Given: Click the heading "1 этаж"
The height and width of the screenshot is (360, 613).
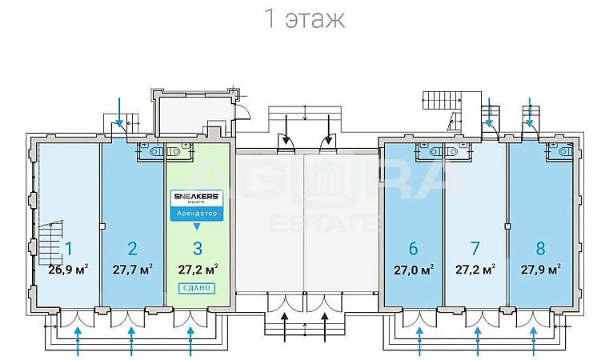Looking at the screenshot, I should (305, 19).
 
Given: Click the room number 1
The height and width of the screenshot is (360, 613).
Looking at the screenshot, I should (69, 248).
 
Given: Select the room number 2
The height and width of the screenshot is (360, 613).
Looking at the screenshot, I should (133, 248).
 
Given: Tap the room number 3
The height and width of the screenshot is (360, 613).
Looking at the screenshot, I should (197, 248).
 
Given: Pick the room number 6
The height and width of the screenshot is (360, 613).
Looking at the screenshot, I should (413, 248).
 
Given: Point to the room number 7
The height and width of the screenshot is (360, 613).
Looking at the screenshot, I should (475, 248).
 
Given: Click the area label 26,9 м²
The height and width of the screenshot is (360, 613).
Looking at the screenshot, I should (68, 269).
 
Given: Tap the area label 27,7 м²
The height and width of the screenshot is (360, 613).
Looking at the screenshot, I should (133, 269).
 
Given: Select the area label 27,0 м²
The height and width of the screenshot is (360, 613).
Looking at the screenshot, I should (413, 269).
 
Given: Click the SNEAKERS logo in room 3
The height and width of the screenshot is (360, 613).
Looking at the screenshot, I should (197, 196).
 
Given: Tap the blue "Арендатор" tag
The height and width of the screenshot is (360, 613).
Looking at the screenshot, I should (197, 213).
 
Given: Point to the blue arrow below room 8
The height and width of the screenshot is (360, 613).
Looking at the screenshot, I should (534, 345).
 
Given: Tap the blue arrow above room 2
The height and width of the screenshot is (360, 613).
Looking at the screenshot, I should (119, 110).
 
